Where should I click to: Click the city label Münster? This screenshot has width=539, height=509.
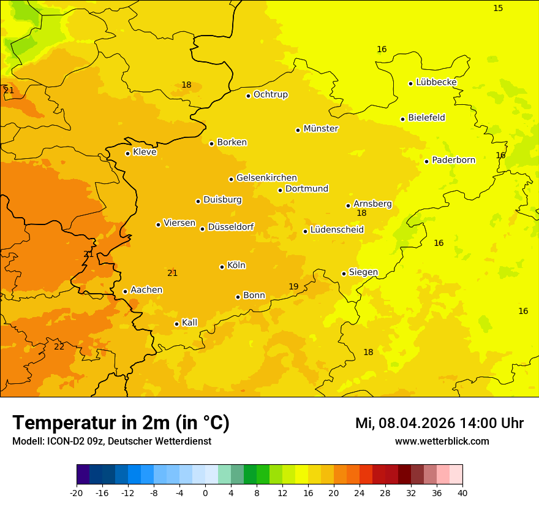(321, 129)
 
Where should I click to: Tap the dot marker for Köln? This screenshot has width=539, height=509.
(222, 267)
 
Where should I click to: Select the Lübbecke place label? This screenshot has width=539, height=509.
(436, 82)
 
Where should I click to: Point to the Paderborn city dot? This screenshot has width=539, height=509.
(427, 161)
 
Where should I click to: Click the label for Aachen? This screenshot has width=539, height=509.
(146, 290)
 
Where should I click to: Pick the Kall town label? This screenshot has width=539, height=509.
(190, 323)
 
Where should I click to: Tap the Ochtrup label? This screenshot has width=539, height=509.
(271, 94)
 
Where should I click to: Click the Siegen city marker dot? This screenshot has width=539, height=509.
(344, 274)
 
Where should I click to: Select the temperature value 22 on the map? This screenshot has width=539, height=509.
(59, 346)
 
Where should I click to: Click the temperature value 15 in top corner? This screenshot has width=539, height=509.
(498, 8)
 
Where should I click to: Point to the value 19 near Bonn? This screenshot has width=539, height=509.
(293, 286)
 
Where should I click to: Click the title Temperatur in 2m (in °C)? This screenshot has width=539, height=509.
(121, 423)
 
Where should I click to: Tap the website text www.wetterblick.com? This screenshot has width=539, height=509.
(442, 441)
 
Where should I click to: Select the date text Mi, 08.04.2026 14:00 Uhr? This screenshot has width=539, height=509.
(439, 423)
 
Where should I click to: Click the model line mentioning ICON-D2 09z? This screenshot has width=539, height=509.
(111, 441)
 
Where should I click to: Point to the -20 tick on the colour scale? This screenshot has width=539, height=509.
(77, 493)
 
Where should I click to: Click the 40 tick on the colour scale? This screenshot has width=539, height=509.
(462, 493)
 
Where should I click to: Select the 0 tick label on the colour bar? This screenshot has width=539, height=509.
(205, 493)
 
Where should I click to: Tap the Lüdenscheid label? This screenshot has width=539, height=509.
(337, 230)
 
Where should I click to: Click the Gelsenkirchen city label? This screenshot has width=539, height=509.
(266, 178)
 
